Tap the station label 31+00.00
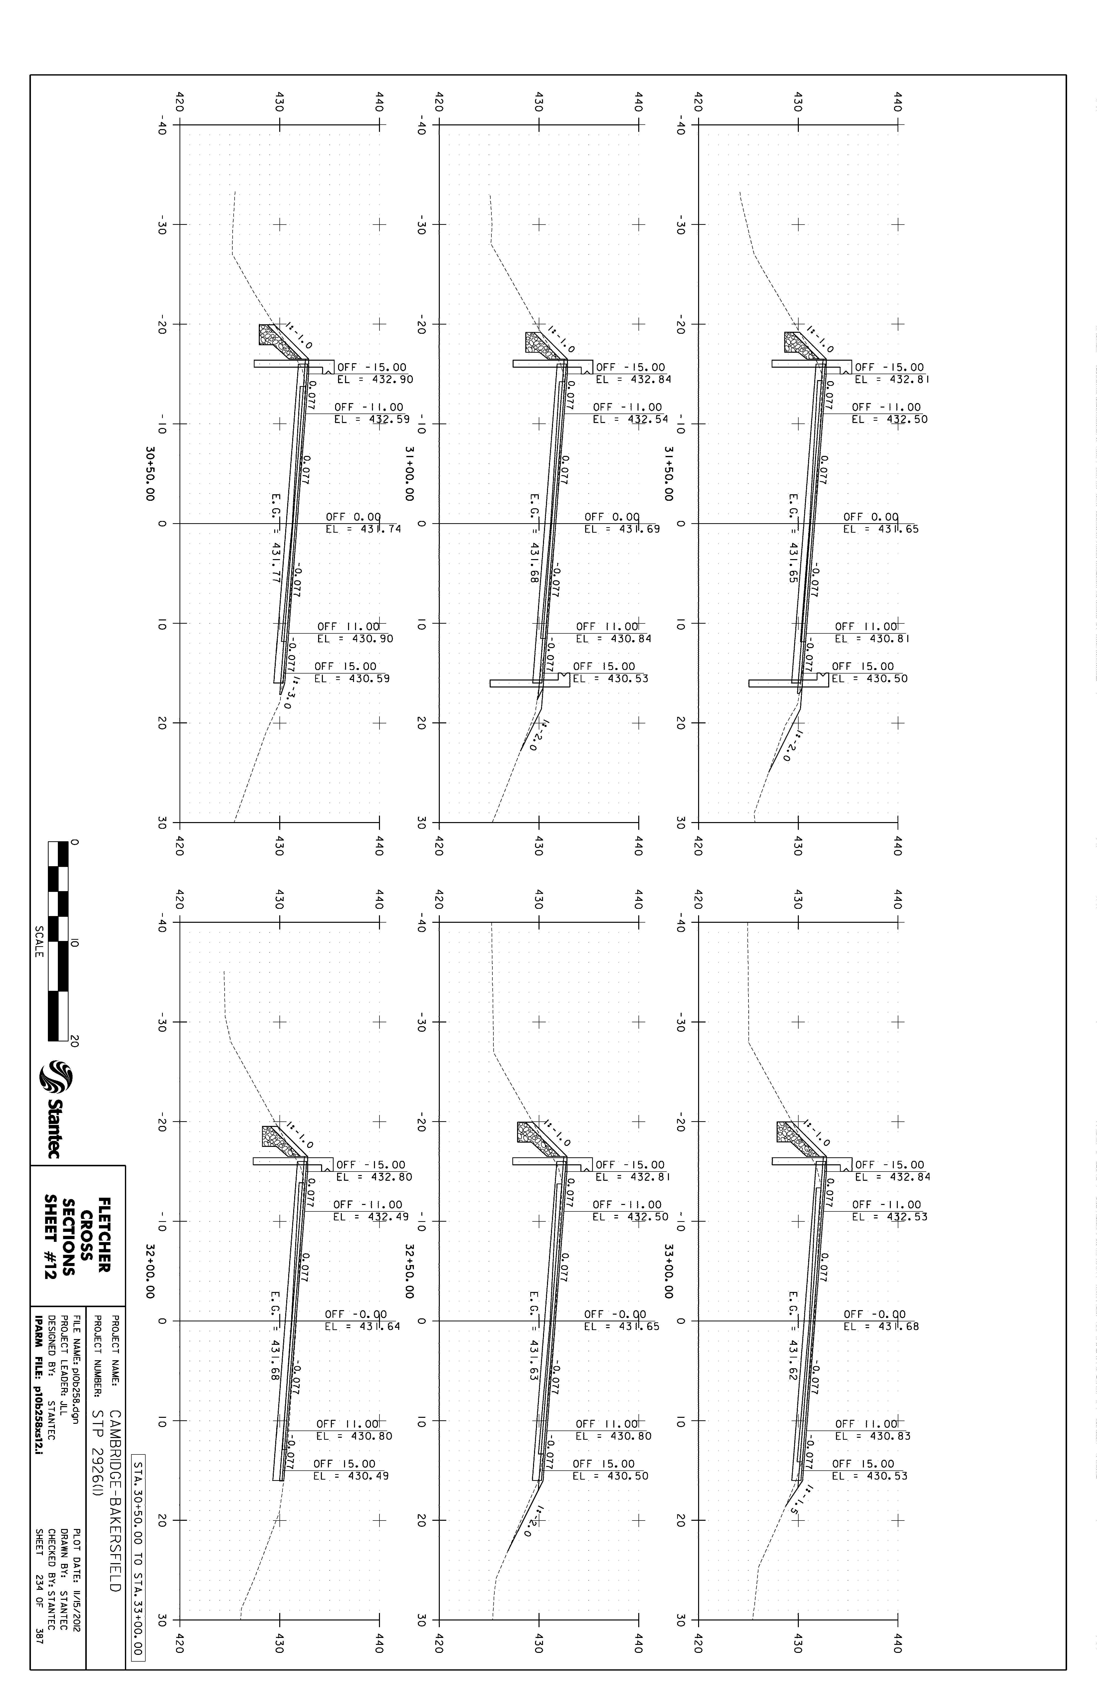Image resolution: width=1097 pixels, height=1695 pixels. pyautogui.click(x=409, y=474)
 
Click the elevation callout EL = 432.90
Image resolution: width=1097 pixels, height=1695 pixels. pyautogui.click(x=375, y=380)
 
